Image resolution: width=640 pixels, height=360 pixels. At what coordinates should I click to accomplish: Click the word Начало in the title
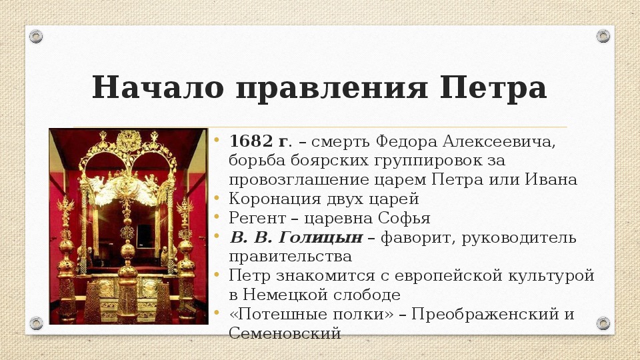pyautogui.click(x=157, y=87)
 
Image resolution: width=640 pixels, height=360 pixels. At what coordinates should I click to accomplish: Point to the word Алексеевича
pyautogui.click(x=499, y=141)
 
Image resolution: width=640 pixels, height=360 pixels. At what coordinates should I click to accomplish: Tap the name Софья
pyautogui.click(x=404, y=218)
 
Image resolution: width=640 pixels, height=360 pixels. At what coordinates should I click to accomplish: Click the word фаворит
pyautogui.click(x=417, y=237)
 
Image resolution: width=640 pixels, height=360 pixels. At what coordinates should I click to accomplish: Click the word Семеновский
pyautogui.click(x=285, y=333)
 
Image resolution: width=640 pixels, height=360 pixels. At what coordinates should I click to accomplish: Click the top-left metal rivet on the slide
pyautogui.click(x=36, y=36)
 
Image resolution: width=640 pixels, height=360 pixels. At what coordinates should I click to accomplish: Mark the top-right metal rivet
pyautogui.click(x=603, y=36)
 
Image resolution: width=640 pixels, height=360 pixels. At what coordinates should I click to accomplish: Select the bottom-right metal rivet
pyautogui.click(x=603, y=323)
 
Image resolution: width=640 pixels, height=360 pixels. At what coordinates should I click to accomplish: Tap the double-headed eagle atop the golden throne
pyautogui.click(x=129, y=141)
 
